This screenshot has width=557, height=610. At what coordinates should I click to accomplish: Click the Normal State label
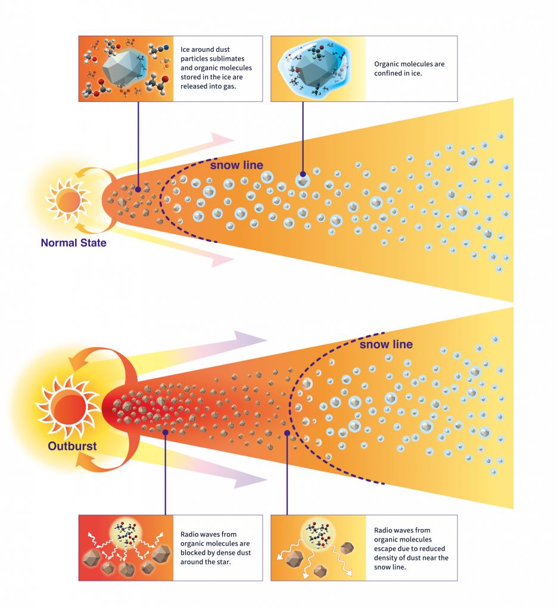(x=73, y=242)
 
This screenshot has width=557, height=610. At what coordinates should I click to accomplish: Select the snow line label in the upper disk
(x=237, y=165)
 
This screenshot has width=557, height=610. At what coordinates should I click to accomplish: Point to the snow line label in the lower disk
(x=386, y=344)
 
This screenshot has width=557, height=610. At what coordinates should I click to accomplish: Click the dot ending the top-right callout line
(x=303, y=173)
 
